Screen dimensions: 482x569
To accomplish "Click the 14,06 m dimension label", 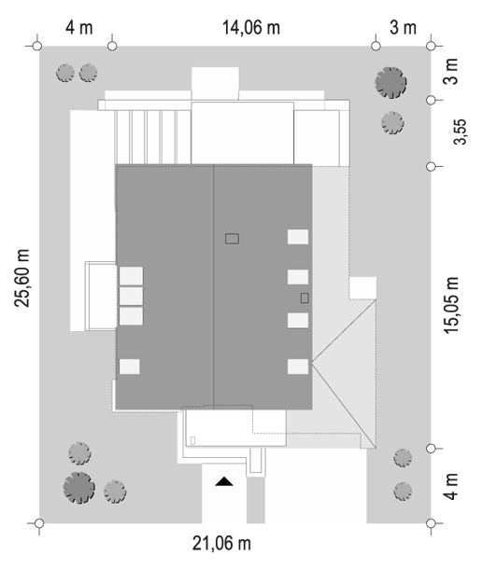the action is pos(251,28).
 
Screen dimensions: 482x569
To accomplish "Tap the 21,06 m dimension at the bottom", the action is pos(221,544).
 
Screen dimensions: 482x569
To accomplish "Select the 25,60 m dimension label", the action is pos(21,278).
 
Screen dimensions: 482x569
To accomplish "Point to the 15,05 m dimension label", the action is pos(451,305).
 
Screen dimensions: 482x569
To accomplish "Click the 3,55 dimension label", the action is pos(461,132).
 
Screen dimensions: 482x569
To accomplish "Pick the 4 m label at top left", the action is pos(79,28).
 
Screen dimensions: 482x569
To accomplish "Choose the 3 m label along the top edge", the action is pos(403,28).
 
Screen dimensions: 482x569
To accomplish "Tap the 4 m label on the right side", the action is pos(451,487).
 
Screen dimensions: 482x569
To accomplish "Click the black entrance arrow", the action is pos(224,481).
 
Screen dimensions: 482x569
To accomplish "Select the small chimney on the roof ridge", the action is pos(232,239).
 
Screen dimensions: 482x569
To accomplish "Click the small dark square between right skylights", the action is pos(305,298).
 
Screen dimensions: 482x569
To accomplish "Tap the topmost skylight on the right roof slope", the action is pos(298,237).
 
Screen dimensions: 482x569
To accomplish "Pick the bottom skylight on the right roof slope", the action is pos(298,367).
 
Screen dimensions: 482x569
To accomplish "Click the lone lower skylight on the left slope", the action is pos(130,367).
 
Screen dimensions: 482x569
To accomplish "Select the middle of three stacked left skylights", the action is pos(131,296).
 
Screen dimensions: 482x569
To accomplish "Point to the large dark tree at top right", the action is pos(390,82).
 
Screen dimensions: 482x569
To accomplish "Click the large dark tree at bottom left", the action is pos(78,488).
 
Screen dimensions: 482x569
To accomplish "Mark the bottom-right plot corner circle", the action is pos(431,523).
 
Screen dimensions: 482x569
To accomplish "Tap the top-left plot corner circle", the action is pos(37,46).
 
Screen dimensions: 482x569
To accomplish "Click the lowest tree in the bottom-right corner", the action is pos(403,492).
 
